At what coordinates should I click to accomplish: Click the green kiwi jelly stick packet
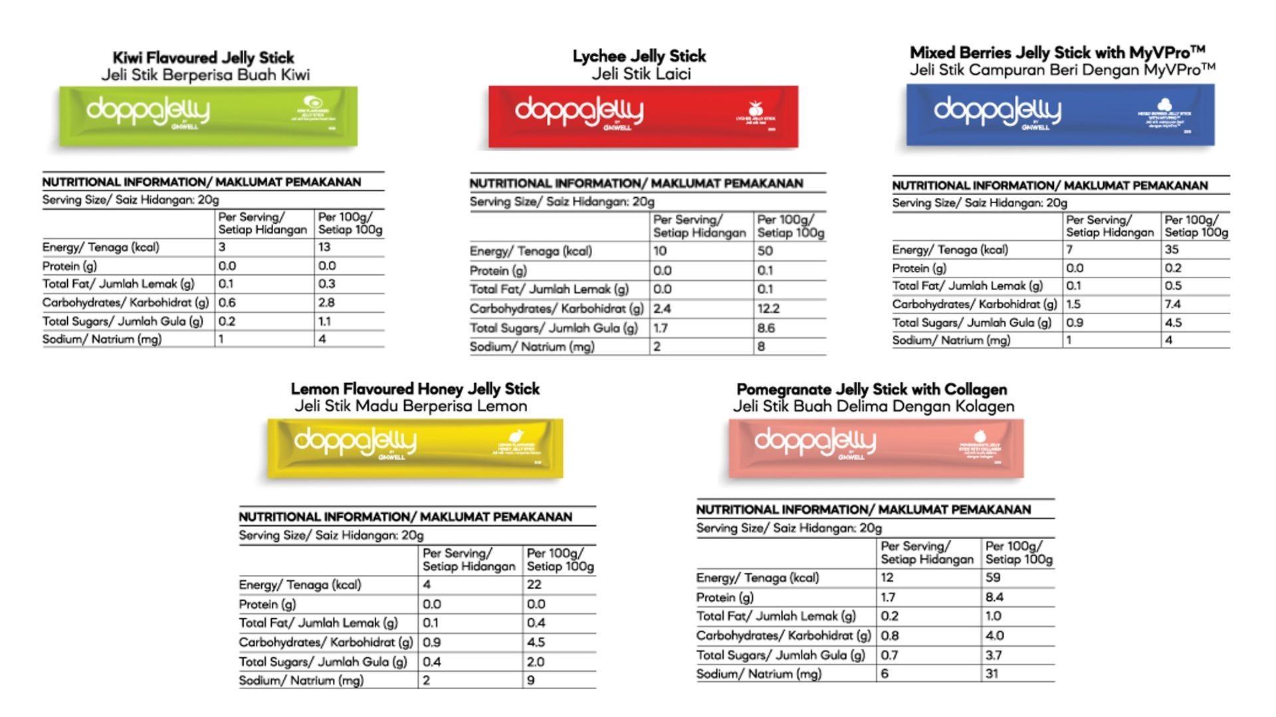click(208, 116)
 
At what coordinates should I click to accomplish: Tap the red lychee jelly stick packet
click(643, 116)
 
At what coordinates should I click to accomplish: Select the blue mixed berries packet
click(1060, 114)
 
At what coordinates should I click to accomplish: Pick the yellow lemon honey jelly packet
click(415, 448)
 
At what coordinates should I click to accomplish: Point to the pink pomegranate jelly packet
click(876, 448)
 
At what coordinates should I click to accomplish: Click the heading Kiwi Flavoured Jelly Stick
click(203, 58)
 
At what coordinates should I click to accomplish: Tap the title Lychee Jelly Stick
click(639, 56)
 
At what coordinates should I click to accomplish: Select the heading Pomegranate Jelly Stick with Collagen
click(872, 389)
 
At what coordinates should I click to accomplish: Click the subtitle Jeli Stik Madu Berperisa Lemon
click(411, 406)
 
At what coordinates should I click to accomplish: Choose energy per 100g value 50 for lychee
click(765, 251)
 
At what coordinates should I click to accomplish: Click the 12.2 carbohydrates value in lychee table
click(768, 309)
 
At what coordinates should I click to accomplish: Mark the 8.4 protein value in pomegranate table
click(994, 597)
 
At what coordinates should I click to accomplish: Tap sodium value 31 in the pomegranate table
click(993, 673)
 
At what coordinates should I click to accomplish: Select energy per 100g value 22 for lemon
click(534, 584)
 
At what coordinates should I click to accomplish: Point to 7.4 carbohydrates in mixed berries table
click(1172, 304)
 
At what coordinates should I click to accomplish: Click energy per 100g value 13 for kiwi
click(324, 247)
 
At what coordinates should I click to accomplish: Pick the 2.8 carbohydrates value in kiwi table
click(326, 302)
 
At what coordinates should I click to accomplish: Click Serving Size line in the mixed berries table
click(979, 203)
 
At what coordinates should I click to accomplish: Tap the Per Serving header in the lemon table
click(469, 560)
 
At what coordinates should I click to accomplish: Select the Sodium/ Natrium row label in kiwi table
click(102, 339)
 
